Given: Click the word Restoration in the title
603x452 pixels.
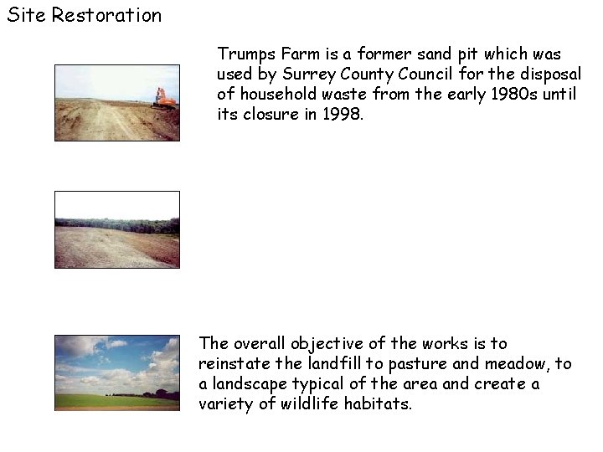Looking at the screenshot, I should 106,15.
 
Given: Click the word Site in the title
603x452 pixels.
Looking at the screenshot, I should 26,15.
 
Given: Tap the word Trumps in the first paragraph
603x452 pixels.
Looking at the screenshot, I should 244,54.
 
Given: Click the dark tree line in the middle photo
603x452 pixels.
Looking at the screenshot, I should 116,225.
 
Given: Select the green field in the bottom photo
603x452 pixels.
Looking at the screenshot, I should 116,401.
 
